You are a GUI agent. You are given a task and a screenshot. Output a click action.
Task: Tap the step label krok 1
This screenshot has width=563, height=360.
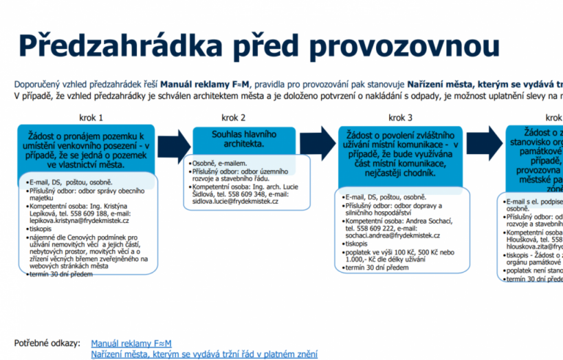92,117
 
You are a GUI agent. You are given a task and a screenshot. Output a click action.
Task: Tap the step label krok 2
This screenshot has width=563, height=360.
233,117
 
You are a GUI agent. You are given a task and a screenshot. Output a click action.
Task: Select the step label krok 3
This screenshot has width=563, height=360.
400,117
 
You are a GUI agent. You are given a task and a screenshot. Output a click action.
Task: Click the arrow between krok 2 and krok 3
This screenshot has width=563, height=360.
316,142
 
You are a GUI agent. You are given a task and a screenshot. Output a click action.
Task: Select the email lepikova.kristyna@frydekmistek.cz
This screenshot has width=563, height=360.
79,220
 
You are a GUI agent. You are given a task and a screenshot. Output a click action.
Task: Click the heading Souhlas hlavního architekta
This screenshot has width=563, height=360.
233,139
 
